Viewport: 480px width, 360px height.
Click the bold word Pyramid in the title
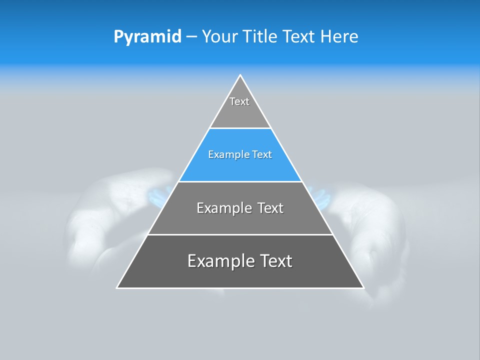[x=147, y=36]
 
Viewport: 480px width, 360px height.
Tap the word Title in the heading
[x=263, y=36]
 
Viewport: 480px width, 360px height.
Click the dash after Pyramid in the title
[x=191, y=37]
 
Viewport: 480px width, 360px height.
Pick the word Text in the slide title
[x=300, y=36]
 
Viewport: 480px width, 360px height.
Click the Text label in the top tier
[x=239, y=101]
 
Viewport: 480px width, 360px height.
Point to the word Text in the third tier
[x=270, y=208]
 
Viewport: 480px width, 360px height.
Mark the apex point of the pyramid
[x=240, y=75]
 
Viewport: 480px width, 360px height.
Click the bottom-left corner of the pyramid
[x=117, y=287]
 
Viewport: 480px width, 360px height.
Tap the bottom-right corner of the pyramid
[x=363, y=287]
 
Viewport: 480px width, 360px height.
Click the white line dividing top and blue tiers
[x=240, y=128]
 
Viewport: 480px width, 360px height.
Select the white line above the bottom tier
[x=240, y=234]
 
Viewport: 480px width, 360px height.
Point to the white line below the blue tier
[x=240, y=181]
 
